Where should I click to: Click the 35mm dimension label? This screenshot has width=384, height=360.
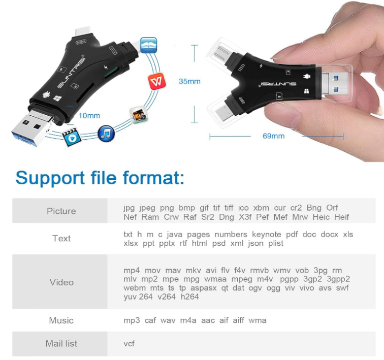(x=189, y=81)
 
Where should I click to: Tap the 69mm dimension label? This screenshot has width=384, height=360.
(x=274, y=136)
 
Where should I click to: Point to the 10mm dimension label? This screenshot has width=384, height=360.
(x=89, y=115)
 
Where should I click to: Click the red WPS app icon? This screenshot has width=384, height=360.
(x=157, y=81)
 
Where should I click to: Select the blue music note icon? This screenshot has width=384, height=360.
(x=106, y=134)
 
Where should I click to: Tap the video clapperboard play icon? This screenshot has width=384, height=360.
(x=71, y=137)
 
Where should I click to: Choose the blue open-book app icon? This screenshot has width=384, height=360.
(x=149, y=45)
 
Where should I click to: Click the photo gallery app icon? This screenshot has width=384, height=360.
(x=139, y=115)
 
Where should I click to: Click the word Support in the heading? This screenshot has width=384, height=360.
(x=50, y=178)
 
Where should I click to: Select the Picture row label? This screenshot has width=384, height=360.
(x=61, y=211)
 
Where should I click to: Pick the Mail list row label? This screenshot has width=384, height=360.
(x=61, y=344)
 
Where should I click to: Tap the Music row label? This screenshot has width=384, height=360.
(x=61, y=320)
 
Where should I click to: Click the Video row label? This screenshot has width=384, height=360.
(x=61, y=282)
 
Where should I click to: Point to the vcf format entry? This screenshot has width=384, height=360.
(x=129, y=344)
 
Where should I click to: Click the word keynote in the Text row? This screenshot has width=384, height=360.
(x=267, y=235)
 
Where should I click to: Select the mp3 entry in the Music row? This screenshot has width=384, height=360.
(x=132, y=320)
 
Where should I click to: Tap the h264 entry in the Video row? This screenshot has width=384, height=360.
(x=190, y=297)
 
